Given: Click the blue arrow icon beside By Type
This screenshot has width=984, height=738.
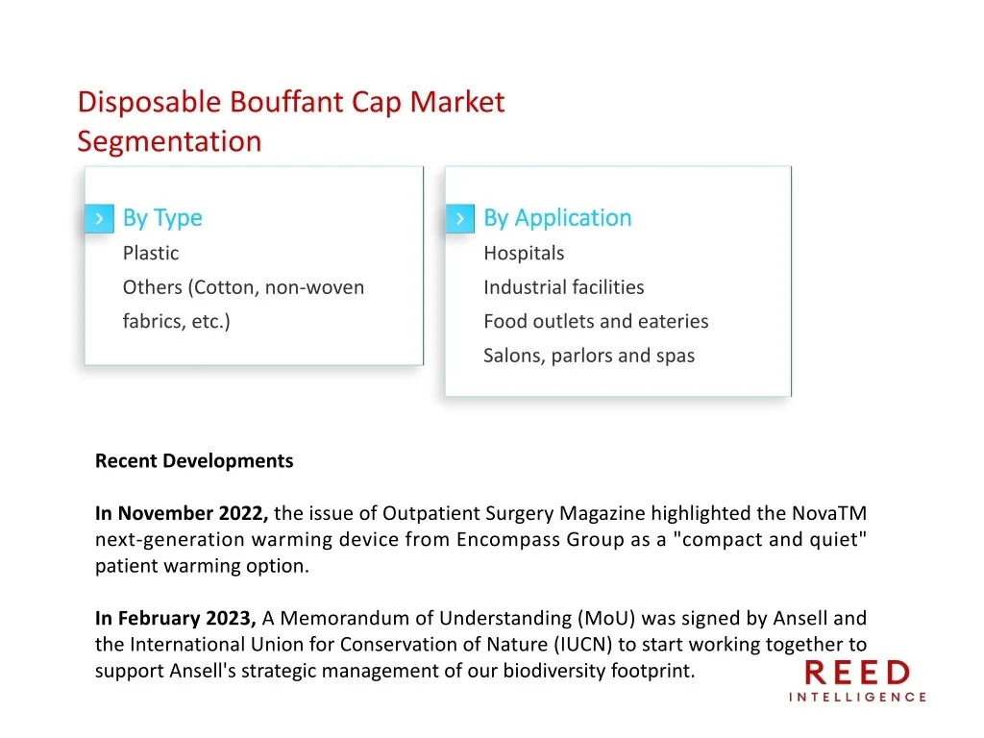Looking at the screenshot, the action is (99, 218).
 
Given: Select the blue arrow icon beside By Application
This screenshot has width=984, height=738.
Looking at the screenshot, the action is (460, 218).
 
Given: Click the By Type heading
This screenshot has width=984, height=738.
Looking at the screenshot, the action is (162, 218).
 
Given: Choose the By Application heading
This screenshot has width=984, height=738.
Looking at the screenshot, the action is (557, 218).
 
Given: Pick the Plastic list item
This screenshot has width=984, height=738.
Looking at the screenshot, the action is (151, 253).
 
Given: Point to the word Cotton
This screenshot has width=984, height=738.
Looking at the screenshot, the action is (225, 287).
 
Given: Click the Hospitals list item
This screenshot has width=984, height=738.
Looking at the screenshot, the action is (524, 254).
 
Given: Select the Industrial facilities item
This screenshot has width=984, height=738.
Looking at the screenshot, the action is (563, 287).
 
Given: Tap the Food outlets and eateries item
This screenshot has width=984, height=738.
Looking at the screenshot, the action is (596, 321).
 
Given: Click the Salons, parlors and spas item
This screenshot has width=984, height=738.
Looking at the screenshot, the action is (589, 356).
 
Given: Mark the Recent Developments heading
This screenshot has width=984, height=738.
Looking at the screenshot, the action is (194, 461).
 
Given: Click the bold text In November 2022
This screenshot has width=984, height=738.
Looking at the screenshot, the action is (182, 514).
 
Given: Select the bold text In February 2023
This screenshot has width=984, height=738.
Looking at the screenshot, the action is (175, 619).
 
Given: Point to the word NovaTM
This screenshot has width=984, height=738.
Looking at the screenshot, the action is (829, 513).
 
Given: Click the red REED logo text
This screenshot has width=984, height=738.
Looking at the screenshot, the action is (856, 674).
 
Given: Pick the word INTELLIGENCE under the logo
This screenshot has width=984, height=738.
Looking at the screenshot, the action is (857, 698).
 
